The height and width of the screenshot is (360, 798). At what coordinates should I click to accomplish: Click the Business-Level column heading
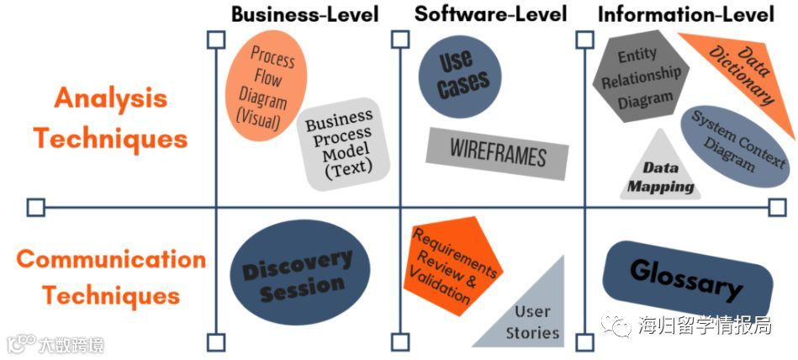[304, 14]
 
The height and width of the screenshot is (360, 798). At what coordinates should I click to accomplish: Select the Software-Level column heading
[491, 14]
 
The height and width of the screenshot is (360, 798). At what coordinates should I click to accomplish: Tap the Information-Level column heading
[685, 14]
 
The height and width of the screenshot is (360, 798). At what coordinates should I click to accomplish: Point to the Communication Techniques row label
[111, 277]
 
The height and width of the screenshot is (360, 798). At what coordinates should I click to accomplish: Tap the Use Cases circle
[461, 74]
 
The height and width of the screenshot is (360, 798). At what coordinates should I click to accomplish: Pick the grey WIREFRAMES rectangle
[497, 154]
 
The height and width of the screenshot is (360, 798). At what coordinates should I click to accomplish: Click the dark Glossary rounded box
[686, 278]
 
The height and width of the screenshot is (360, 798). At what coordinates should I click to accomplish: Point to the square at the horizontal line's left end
[35, 207]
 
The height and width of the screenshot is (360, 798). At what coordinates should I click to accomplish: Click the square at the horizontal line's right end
[778, 207]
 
